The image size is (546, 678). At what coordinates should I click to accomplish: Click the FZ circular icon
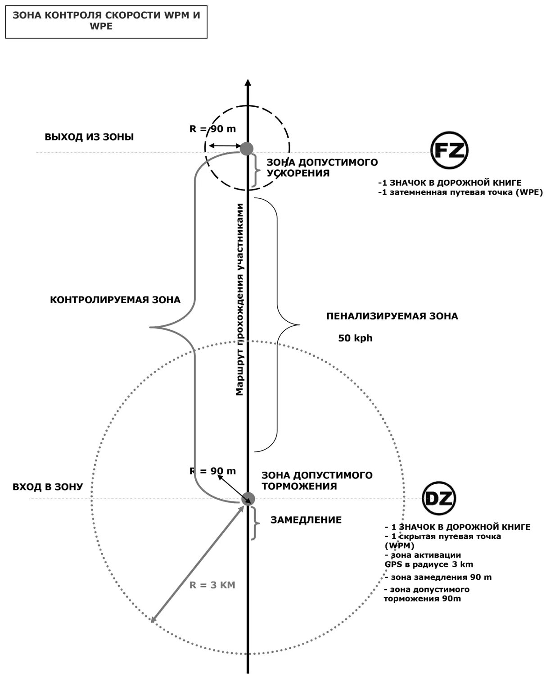[450, 150]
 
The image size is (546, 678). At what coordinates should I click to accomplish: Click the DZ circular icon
[439, 498]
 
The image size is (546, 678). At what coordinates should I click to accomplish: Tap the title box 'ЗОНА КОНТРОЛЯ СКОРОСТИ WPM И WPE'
[106, 21]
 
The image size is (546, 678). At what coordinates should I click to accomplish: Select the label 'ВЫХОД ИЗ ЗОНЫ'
[89, 137]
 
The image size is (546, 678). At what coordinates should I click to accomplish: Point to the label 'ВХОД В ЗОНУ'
[48, 487]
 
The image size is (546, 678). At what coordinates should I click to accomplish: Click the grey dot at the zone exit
[246, 148]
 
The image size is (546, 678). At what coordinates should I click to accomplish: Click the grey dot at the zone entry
[248, 499]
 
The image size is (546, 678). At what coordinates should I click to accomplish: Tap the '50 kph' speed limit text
[355, 338]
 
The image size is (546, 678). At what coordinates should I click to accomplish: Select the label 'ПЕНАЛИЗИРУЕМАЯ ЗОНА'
[392, 316]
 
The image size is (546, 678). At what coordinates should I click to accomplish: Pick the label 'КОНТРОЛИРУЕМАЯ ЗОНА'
[115, 300]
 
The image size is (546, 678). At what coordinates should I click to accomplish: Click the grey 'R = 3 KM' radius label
[212, 585]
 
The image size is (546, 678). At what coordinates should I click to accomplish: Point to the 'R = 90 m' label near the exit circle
[212, 129]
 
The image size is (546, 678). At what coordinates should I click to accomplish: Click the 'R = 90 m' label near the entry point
[212, 471]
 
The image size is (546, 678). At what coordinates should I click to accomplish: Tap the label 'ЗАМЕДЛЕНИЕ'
[306, 520]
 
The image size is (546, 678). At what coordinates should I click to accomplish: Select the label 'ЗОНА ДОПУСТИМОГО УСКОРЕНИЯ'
[322, 168]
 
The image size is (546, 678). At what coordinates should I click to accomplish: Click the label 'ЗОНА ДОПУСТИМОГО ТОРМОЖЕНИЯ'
[317, 481]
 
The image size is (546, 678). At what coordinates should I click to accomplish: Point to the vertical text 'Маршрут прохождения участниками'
[240, 300]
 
